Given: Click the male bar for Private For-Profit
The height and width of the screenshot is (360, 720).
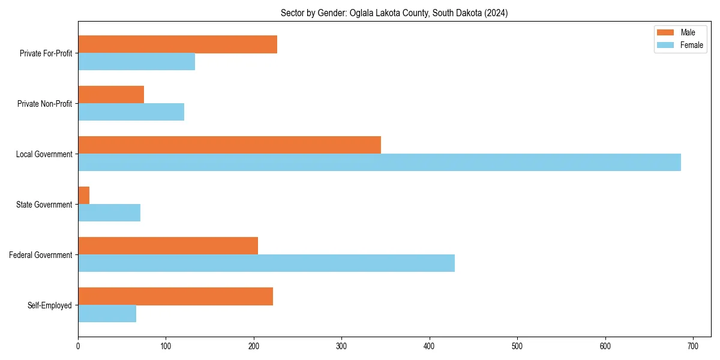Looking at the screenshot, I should pyautogui.click(x=178, y=44).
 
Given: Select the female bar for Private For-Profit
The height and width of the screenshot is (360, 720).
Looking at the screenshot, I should pyautogui.click(x=137, y=62).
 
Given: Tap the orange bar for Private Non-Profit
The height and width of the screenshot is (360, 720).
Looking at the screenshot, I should pyautogui.click(x=111, y=95).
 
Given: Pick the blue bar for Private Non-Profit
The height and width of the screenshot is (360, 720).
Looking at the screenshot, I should pyautogui.click(x=131, y=112).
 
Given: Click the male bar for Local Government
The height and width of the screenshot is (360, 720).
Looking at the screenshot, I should pyautogui.click(x=229, y=145).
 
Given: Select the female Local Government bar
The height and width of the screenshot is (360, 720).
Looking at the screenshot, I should pyautogui.click(x=379, y=163).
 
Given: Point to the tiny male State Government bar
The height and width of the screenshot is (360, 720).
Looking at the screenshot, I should pyautogui.click(x=83, y=196).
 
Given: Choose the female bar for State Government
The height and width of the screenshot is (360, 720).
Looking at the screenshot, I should pyautogui.click(x=109, y=213).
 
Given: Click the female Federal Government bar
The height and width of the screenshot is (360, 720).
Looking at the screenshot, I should pyautogui.click(x=266, y=263).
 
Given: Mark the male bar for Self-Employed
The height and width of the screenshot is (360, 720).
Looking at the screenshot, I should pyautogui.click(x=175, y=296).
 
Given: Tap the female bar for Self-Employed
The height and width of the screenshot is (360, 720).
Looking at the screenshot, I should pyautogui.click(x=107, y=314).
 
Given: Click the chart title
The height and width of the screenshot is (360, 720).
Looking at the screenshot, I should pyautogui.click(x=394, y=13).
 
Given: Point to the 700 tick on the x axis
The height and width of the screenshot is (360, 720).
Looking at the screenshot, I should pyautogui.click(x=693, y=346).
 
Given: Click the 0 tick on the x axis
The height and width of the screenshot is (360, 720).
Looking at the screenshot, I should pyautogui.click(x=78, y=346).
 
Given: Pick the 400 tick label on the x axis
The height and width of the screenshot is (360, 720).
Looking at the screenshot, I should pyautogui.click(x=430, y=346).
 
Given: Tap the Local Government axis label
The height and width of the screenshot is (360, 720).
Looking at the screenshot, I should pyautogui.click(x=44, y=154).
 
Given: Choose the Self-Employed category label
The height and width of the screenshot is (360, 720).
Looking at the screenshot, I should pyautogui.click(x=49, y=305).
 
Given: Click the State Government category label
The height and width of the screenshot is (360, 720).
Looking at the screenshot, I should pyautogui.click(x=44, y=205).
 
